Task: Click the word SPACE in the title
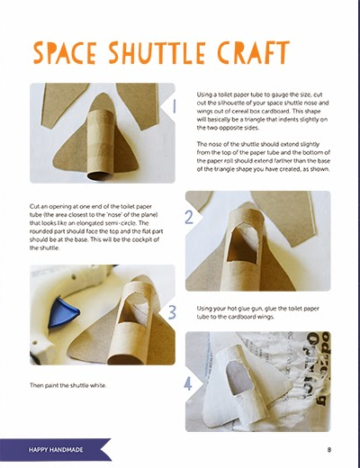coord(65,53)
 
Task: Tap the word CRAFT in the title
coord(253,53)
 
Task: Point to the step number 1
coord(174,106)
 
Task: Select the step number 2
coord(189,218)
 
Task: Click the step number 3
coord(172,312)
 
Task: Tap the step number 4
coord(188,383)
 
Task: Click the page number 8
coord(329,450)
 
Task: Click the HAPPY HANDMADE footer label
coord(56,450)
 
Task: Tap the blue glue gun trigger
coord(63,312)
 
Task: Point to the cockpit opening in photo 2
coord(242,244)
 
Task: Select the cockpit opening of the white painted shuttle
coord(237,377)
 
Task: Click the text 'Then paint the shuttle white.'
coord(68,385)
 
